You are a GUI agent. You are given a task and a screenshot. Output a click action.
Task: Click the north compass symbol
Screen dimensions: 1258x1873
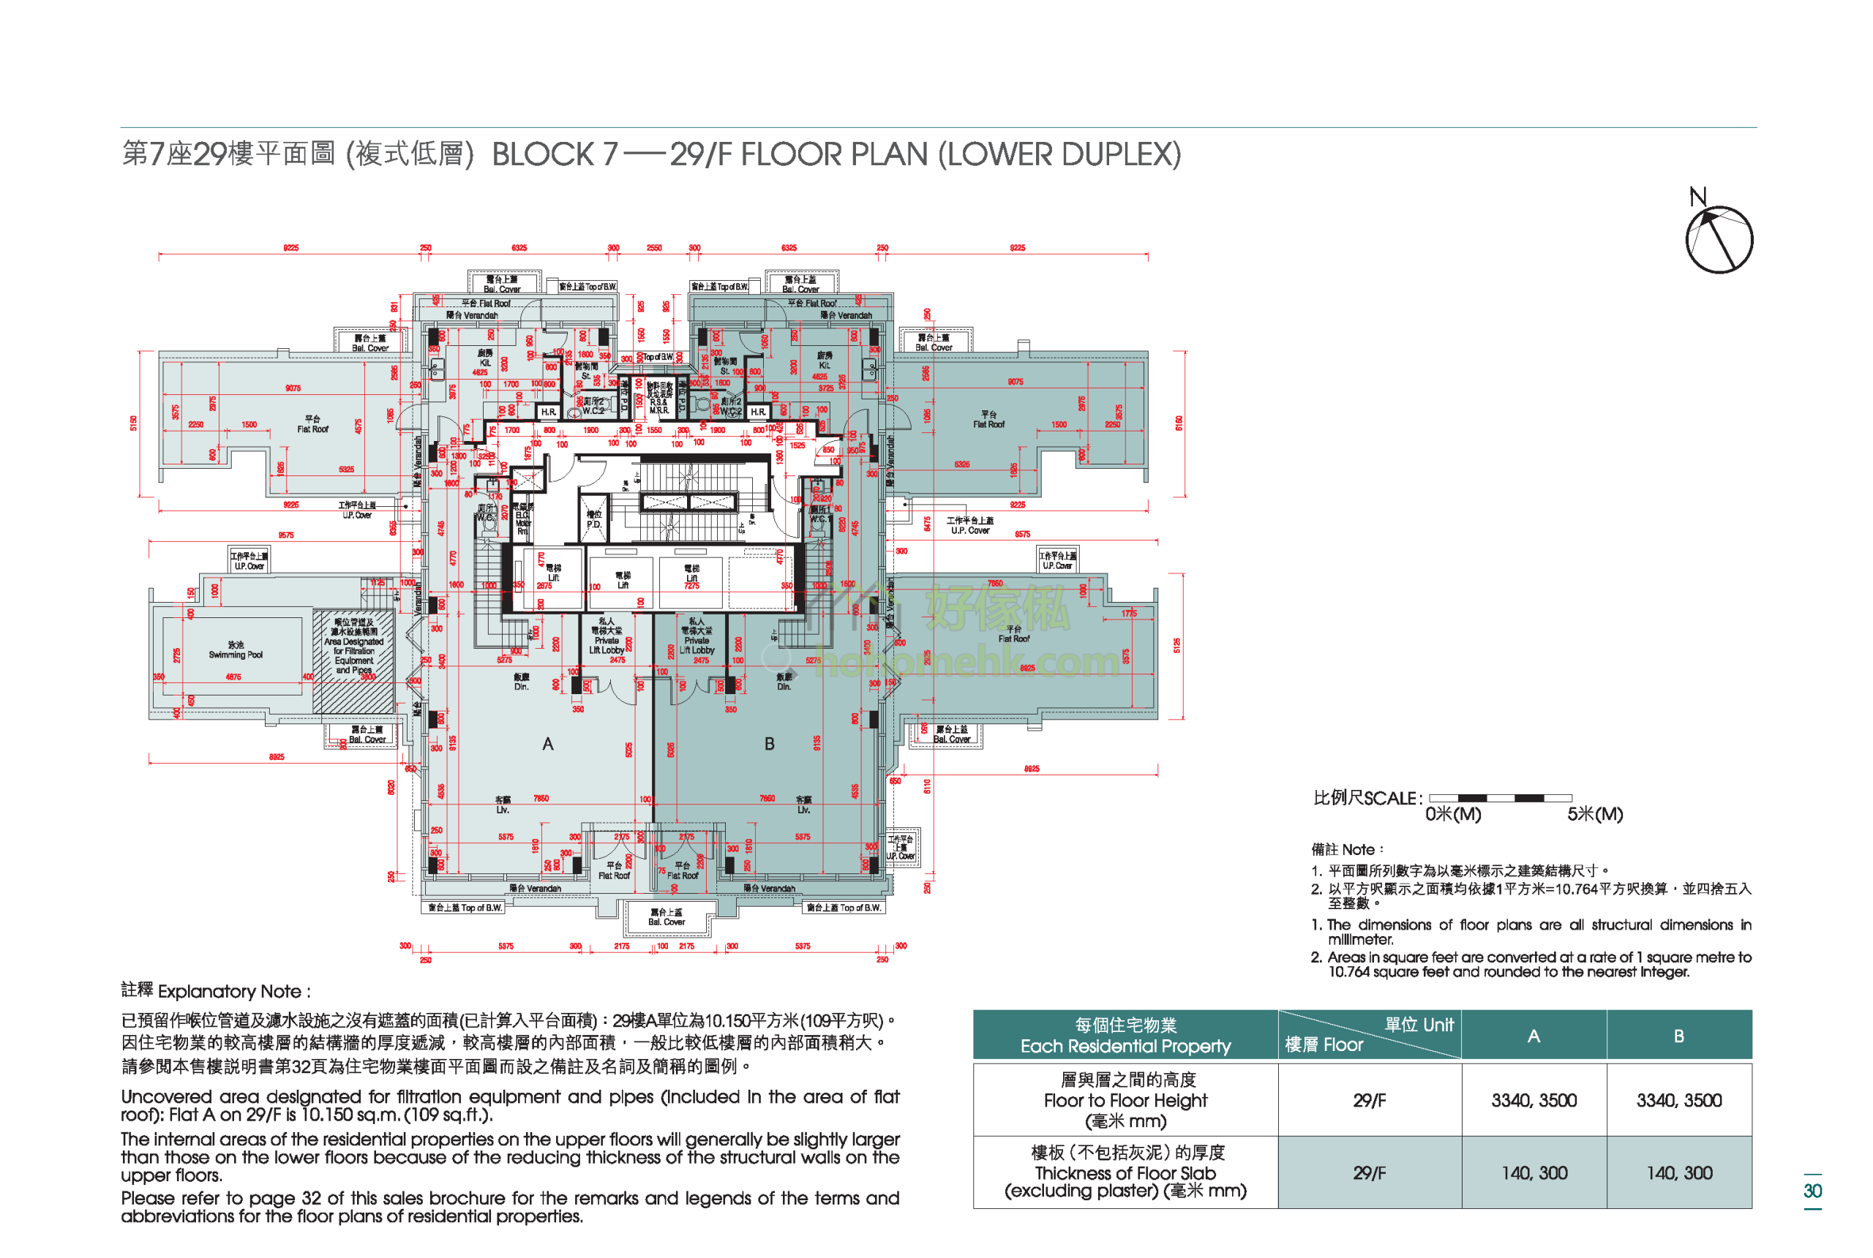coord(1718,239)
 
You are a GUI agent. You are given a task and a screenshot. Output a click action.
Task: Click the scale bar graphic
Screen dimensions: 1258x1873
coord(1499,797)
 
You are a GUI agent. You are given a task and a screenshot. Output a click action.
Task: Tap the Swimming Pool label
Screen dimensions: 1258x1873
coord(235,650)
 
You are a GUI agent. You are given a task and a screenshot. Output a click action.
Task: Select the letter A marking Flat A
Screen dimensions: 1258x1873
coord(547,745)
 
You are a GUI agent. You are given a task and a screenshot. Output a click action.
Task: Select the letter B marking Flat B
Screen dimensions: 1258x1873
coord(769,744)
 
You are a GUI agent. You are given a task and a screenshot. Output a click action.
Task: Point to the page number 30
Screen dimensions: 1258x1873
coord(1812,1191)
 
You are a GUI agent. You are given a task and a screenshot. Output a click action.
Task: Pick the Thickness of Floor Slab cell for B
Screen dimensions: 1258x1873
coord(1679,1173)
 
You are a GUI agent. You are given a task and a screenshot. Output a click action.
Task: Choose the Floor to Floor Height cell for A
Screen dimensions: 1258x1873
coord(1534,1100)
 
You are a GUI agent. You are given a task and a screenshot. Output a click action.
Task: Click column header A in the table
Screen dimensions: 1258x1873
coord(1534,1036)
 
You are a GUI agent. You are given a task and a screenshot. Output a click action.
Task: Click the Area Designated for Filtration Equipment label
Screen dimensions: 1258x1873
coord(354,646)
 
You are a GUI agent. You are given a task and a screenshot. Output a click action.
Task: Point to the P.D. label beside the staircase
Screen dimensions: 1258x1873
coord(593,519)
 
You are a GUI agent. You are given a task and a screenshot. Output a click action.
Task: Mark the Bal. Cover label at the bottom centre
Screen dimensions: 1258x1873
coord(666,917)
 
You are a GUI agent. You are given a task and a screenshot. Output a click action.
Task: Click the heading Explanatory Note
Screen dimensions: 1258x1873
coord(215,991)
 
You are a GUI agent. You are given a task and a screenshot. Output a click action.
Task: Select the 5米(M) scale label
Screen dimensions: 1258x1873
coord(1594,814)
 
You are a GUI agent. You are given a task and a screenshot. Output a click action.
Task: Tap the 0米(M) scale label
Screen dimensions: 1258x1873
coord(1452,814)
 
